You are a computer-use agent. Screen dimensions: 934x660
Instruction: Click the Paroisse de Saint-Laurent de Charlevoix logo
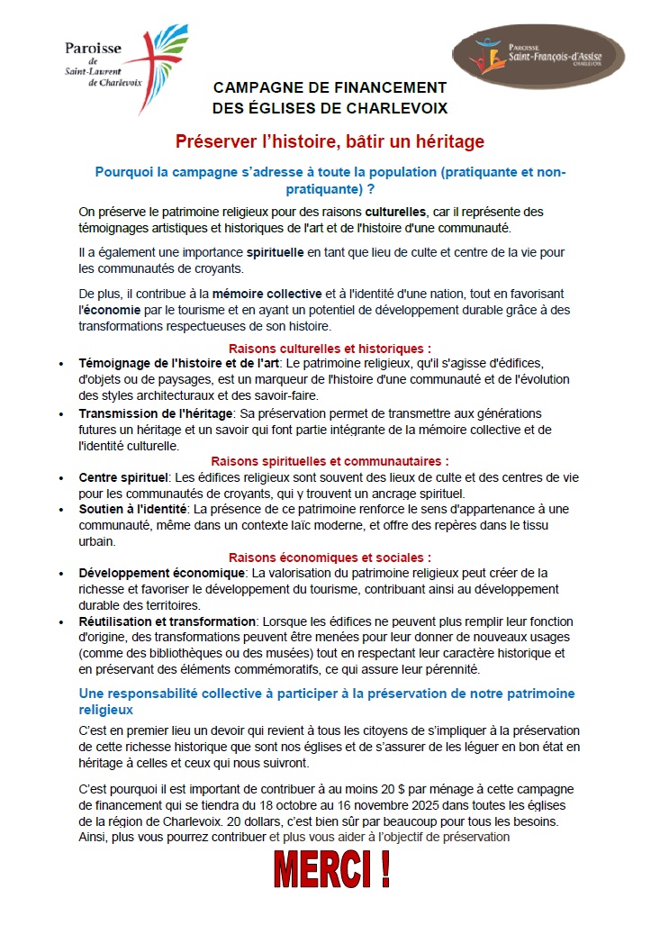coord(126,69)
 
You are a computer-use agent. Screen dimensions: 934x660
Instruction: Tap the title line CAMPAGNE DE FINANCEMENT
coord(330,88)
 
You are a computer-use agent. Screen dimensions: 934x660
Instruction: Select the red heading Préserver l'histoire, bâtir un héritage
coord(330,141)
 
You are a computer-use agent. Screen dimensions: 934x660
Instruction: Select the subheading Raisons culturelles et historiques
coord(330,348)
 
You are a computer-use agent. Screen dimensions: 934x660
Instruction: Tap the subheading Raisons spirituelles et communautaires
coord(330,461)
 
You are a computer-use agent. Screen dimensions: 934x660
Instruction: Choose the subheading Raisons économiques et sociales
coord(330,558)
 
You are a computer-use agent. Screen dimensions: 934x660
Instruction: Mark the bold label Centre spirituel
coord(123,476)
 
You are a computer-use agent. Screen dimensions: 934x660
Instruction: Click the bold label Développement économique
coord(162,573)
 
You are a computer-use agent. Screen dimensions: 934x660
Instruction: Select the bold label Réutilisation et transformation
coord(167,621)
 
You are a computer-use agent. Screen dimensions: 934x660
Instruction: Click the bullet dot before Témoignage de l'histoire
coord(61,364)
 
